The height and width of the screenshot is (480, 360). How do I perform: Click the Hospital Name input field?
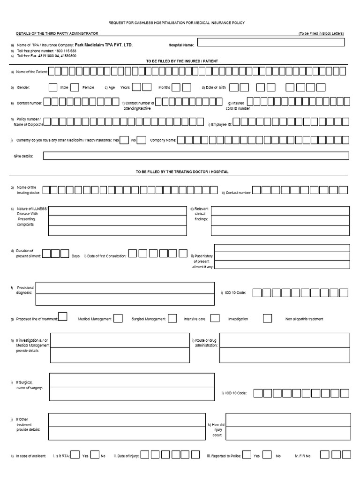pos(271,43)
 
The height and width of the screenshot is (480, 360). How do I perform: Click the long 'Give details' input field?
pos(196,156)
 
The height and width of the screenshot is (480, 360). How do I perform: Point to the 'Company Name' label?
pos(163,140)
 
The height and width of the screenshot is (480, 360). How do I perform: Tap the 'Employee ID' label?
pos(220,123)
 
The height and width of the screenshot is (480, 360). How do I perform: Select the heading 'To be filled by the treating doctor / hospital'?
pos(182,172)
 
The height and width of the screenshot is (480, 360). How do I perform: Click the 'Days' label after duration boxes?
pos(75,256)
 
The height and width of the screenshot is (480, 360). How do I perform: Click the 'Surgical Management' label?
pos(148,319)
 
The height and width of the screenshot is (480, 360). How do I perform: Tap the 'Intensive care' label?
pos(194,319)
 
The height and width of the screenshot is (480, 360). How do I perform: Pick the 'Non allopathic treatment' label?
pos(304,319)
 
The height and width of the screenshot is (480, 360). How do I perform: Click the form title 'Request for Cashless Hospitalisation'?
pos(176,23)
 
